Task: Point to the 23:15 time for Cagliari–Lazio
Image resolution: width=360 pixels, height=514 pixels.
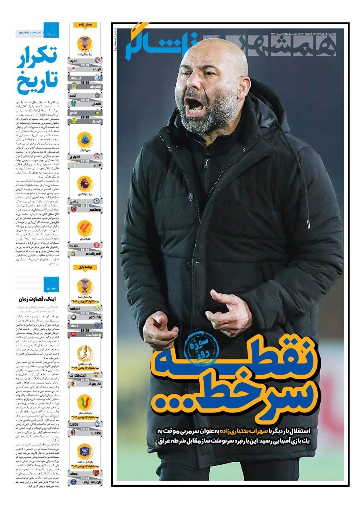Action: pyautogui.click(x=85, y=161)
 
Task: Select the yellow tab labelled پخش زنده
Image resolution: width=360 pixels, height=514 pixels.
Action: pyautogui.click(x=85, y=25)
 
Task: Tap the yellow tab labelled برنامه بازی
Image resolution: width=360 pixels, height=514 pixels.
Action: pyautogui.click(x=85, y=267)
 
